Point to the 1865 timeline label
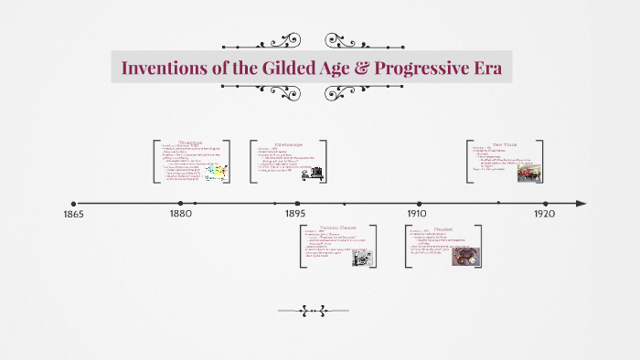point(72,214)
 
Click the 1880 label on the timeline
point(181,214)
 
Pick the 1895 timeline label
point(296,214)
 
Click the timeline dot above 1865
point(72,204)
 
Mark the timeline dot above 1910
point(420,204)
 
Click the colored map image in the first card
point(216,171)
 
